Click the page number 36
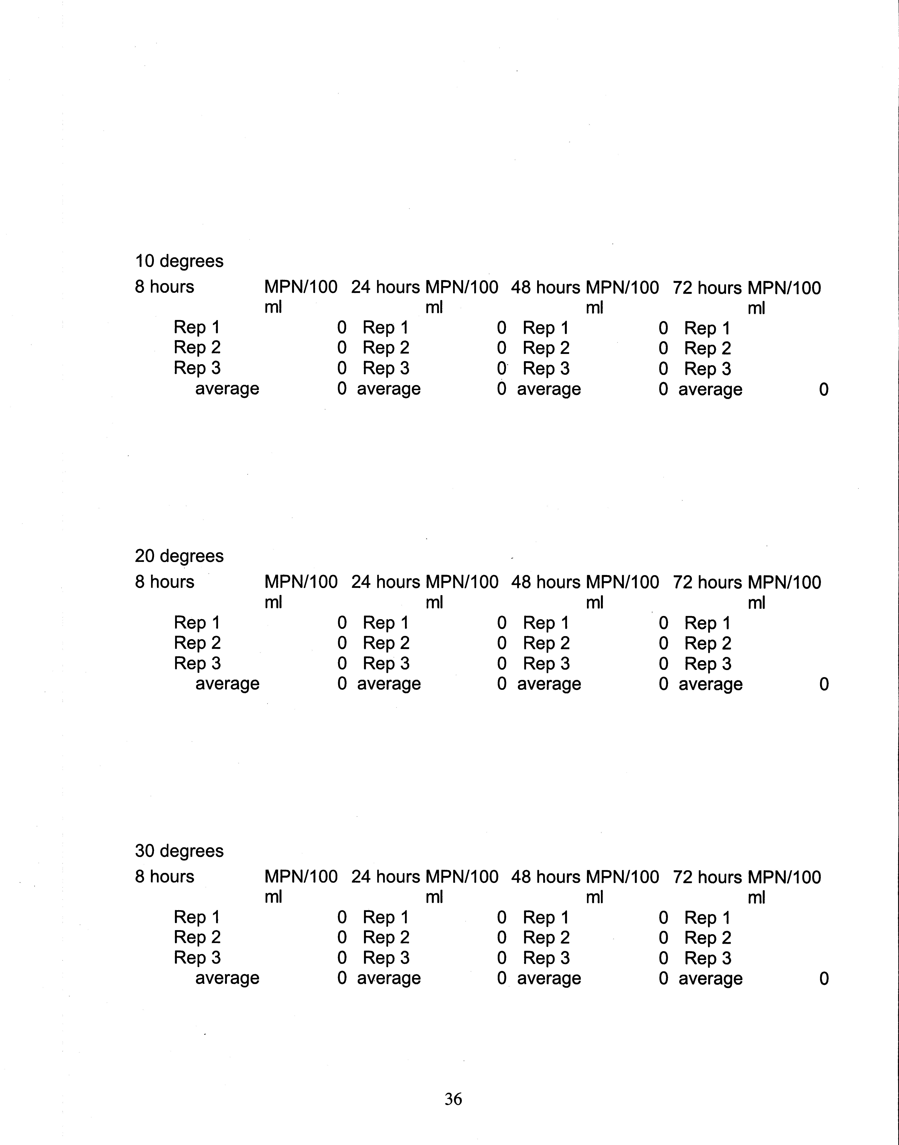(x=453, y=1099)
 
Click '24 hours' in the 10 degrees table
(x=385, y=287)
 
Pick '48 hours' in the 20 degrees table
(x=545, y=582)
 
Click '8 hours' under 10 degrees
(x=164, y=287)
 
